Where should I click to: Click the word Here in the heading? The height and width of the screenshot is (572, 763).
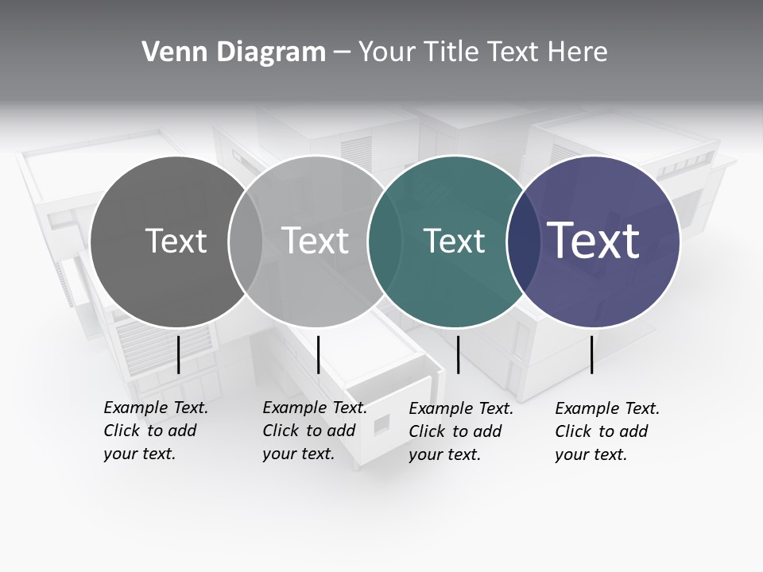pos(578,52)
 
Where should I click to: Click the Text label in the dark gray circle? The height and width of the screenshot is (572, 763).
pos(176,241)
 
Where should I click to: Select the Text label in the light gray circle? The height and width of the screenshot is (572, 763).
pos(316,241)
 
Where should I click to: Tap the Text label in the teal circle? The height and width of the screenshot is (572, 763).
pos(454,241)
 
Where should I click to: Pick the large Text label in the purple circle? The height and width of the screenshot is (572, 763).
pos(594,241)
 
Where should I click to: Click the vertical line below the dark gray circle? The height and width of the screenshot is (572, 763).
pos(178,354)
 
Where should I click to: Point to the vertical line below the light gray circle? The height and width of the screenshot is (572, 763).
pos(318,354)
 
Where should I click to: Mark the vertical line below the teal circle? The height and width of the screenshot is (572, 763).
pos(458,354)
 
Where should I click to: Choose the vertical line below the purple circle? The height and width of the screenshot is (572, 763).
pos(591,354)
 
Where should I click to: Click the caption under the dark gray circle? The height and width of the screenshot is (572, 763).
pos(156,431)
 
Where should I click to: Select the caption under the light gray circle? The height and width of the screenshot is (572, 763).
pos(315,431)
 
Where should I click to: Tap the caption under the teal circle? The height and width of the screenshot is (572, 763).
pos(461,431)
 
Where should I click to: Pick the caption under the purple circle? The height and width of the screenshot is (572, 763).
pos(607,431)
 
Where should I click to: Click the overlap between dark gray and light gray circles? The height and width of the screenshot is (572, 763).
pos(246,242)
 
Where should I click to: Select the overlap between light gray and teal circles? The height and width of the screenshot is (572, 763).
pos(378,242)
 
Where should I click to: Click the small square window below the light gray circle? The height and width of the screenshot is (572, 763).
pos(382,423)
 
